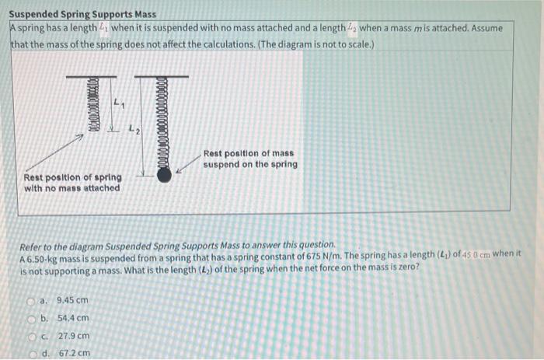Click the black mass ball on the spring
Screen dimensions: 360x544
[x=164, y=175]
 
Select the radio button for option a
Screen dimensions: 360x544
[x=46, y=299]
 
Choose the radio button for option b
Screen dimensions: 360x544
[x=46, y=317]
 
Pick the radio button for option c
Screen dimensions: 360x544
[x=46, y=335]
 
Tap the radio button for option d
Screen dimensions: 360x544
[x=46, y=353]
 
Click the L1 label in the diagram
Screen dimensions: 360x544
[x=117, y=102]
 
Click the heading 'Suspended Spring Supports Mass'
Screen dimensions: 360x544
[x=82, y=15]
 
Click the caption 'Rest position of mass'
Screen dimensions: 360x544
[x=249, y=154]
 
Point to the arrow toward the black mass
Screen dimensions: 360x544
[x=186, y=166]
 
